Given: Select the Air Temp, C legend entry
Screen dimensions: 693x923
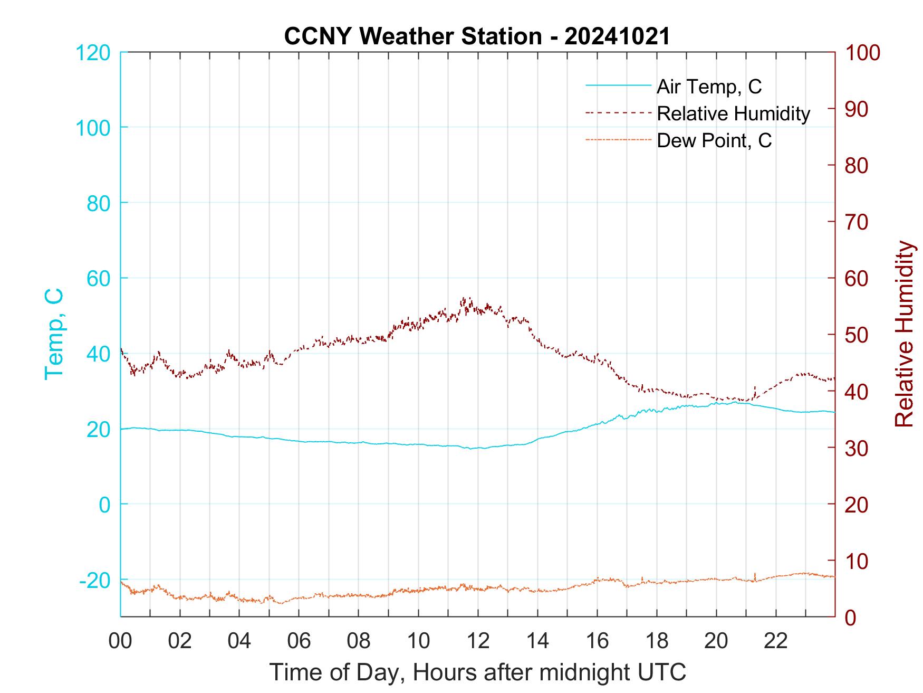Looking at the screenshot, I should [708, 87].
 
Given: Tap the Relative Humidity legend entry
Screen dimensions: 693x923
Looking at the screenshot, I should [733, 113].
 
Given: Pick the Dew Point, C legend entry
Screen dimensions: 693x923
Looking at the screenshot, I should [714, 141].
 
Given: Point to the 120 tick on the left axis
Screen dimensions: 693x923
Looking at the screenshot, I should [93, 53].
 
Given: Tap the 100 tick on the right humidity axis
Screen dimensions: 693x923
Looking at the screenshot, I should [862, 53].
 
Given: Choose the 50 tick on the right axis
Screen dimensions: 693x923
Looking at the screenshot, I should [857, 335].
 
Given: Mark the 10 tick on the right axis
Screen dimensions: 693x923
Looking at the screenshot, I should [857, 561].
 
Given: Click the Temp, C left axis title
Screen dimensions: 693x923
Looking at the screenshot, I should [54, 334].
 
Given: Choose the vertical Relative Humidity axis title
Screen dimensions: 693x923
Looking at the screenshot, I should [904, 334].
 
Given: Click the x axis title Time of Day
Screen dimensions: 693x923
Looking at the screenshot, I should [477, 672].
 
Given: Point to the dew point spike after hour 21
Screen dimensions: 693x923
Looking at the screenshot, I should [755, 574].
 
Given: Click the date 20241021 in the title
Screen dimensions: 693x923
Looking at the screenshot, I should [617, 36].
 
